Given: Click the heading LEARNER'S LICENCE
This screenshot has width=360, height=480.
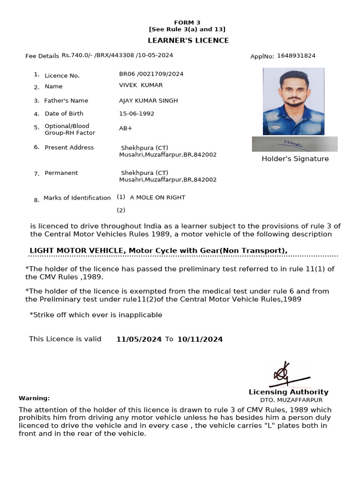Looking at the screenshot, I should [188, 40].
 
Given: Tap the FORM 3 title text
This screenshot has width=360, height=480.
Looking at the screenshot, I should [187, 22].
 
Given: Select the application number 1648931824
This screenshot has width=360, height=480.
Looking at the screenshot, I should [296, 56].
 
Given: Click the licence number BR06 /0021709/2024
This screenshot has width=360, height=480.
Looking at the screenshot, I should [151, 74].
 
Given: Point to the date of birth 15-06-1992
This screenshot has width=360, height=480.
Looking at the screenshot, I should [136, 113].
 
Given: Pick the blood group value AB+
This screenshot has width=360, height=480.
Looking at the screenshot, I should [126, 128].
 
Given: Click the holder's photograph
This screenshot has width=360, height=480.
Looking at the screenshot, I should [293, 101].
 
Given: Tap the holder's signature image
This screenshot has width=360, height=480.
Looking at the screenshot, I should [294, 144].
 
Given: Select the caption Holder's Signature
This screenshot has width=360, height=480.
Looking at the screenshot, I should [295, 159].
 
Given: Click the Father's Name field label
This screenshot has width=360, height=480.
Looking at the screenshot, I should [66, 101].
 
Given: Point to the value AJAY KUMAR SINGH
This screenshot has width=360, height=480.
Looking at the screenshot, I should [149, 101].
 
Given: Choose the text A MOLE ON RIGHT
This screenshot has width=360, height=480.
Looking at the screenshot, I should [157, 197].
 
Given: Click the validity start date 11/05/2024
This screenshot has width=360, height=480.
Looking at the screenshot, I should [139, 339].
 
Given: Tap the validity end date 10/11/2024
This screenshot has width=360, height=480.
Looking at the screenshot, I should [200, 339].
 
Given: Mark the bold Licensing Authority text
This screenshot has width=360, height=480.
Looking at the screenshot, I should [288, 392].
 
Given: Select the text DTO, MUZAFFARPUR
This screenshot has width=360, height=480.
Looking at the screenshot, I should [291, 400].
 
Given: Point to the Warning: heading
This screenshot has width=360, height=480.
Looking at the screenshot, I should [34, 398].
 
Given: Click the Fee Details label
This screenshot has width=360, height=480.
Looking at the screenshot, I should [42, 56].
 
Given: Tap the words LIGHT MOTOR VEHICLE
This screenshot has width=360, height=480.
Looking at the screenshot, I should [76, 251].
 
